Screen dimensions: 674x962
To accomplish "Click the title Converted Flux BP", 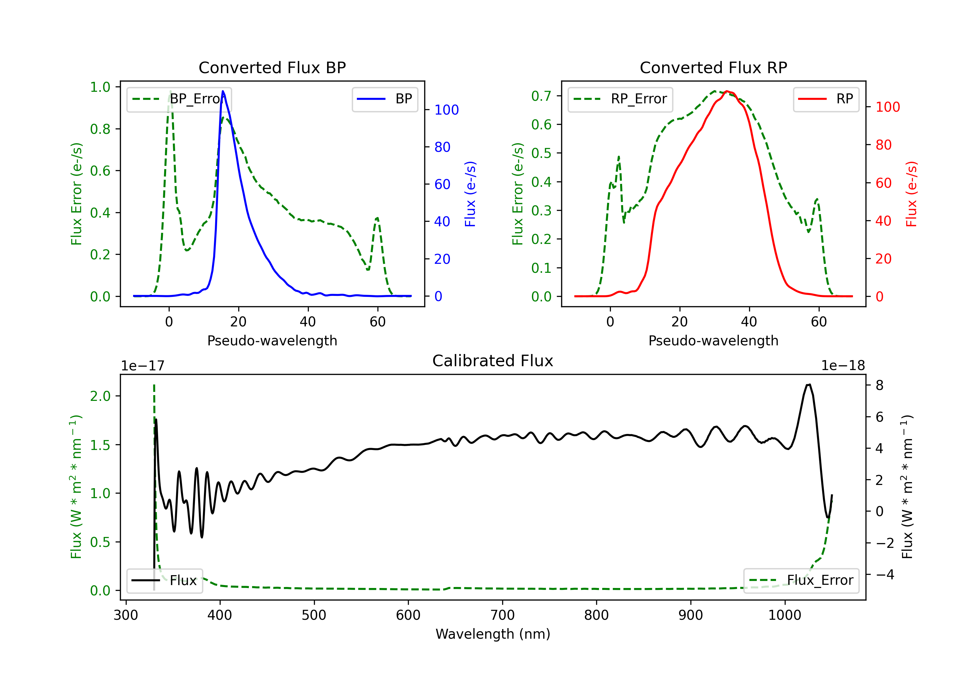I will pos(272,67).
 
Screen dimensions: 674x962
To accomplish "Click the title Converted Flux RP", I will pos(713,67).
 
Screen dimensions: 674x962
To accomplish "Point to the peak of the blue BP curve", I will pos(223,91).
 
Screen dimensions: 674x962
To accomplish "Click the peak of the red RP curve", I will pos(727,91).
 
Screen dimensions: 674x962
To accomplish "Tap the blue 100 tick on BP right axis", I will pos(446,110).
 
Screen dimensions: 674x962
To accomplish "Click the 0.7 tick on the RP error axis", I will pos(541,96).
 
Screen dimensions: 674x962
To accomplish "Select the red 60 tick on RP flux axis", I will pos(883,183).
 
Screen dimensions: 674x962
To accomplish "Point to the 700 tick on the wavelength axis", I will pos(502,615).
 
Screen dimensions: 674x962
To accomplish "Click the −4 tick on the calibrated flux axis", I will pos(885,574).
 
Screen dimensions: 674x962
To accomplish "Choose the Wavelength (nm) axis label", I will pos(493,634).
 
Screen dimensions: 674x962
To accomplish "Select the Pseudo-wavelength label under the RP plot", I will pos(713,341).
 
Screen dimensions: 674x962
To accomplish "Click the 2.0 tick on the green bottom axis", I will pos(100,396).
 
